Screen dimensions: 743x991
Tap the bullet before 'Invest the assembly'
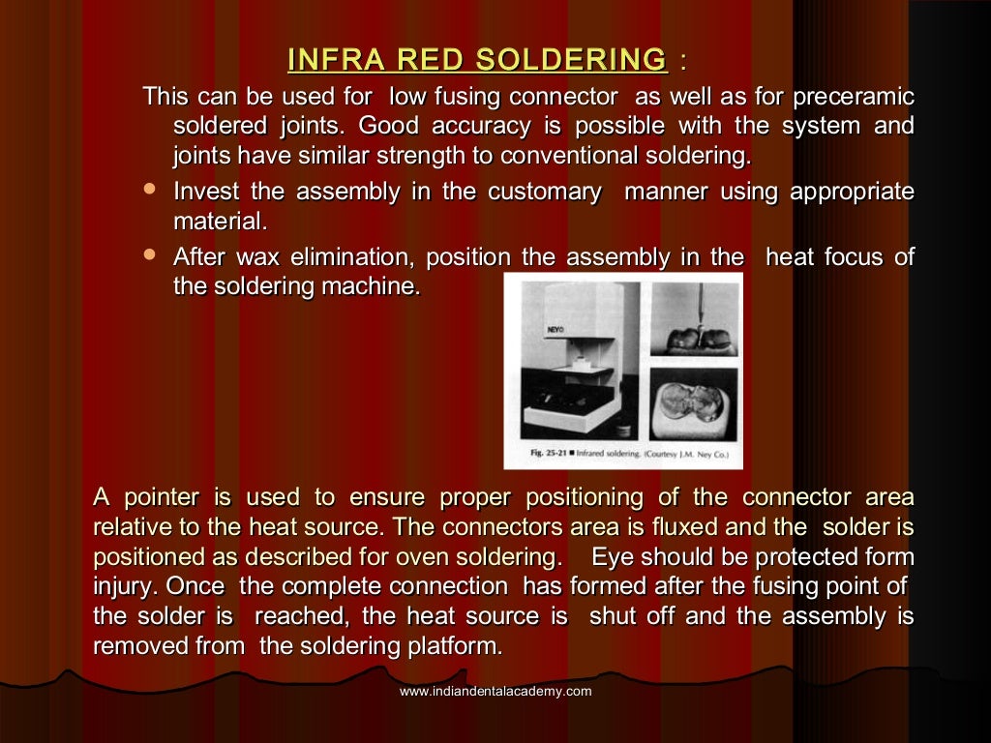click(x=149, y=190)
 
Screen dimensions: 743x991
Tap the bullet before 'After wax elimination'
click(x=149, y=255)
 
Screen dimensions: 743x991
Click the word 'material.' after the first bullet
click(x=219, y=222)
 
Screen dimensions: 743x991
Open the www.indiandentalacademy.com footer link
click(x=495, y=691)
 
